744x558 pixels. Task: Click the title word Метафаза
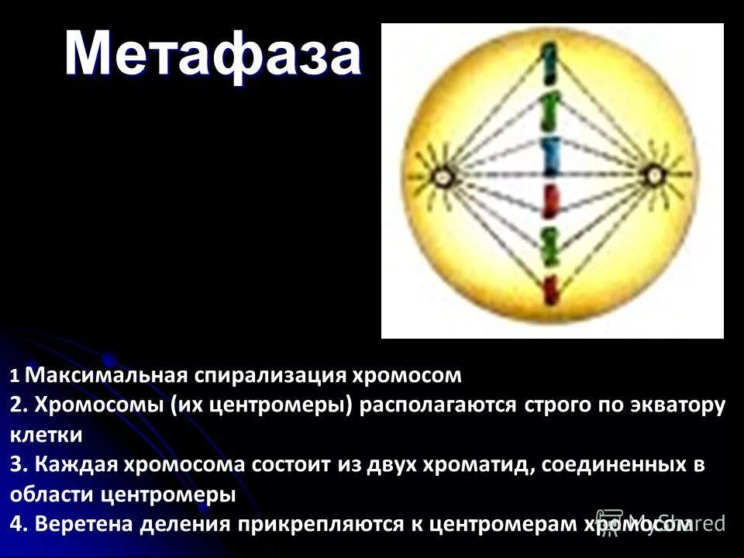(212, 54)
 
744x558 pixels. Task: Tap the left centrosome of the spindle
(442, 177)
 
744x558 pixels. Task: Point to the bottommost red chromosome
(549, 290)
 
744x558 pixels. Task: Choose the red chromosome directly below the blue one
(549, 201)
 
